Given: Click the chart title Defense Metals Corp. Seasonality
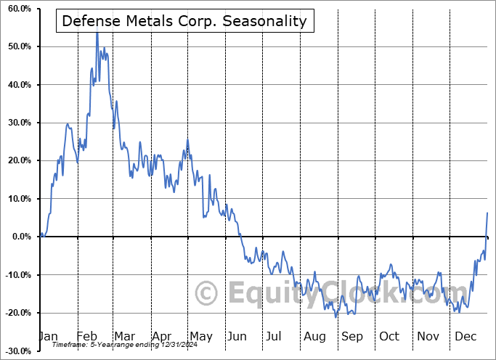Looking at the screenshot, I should pyautogui.click(x=184, y=22).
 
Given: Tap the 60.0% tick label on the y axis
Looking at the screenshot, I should pyautogui.click(x=18, y=9).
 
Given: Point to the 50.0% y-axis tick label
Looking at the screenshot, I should pyautogui.click(x=18, y=46).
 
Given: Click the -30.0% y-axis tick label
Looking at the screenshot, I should pyautogui.click(x=17, y=351).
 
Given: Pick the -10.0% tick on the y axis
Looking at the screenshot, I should pyautogui.click(x=17, y=274).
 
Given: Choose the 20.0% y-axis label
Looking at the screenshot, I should pyautogui.click(x=18, y=160).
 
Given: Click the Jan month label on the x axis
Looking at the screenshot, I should pyautogui.click(x=47, y=336).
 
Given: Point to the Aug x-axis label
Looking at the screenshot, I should pyautogui.click(x=314, y=336).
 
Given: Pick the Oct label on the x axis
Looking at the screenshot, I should pyautogui.click(x=389, y=336).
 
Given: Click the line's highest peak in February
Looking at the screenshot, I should pyautogui.click(x=97, y=33).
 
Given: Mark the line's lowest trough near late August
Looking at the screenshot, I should pyautogui.click(x=336, y=317).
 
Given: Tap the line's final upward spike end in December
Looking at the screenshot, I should pyautogui.click(x=487, y=213).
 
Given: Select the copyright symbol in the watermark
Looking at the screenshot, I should pyautogui.click(x=208, y=293).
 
